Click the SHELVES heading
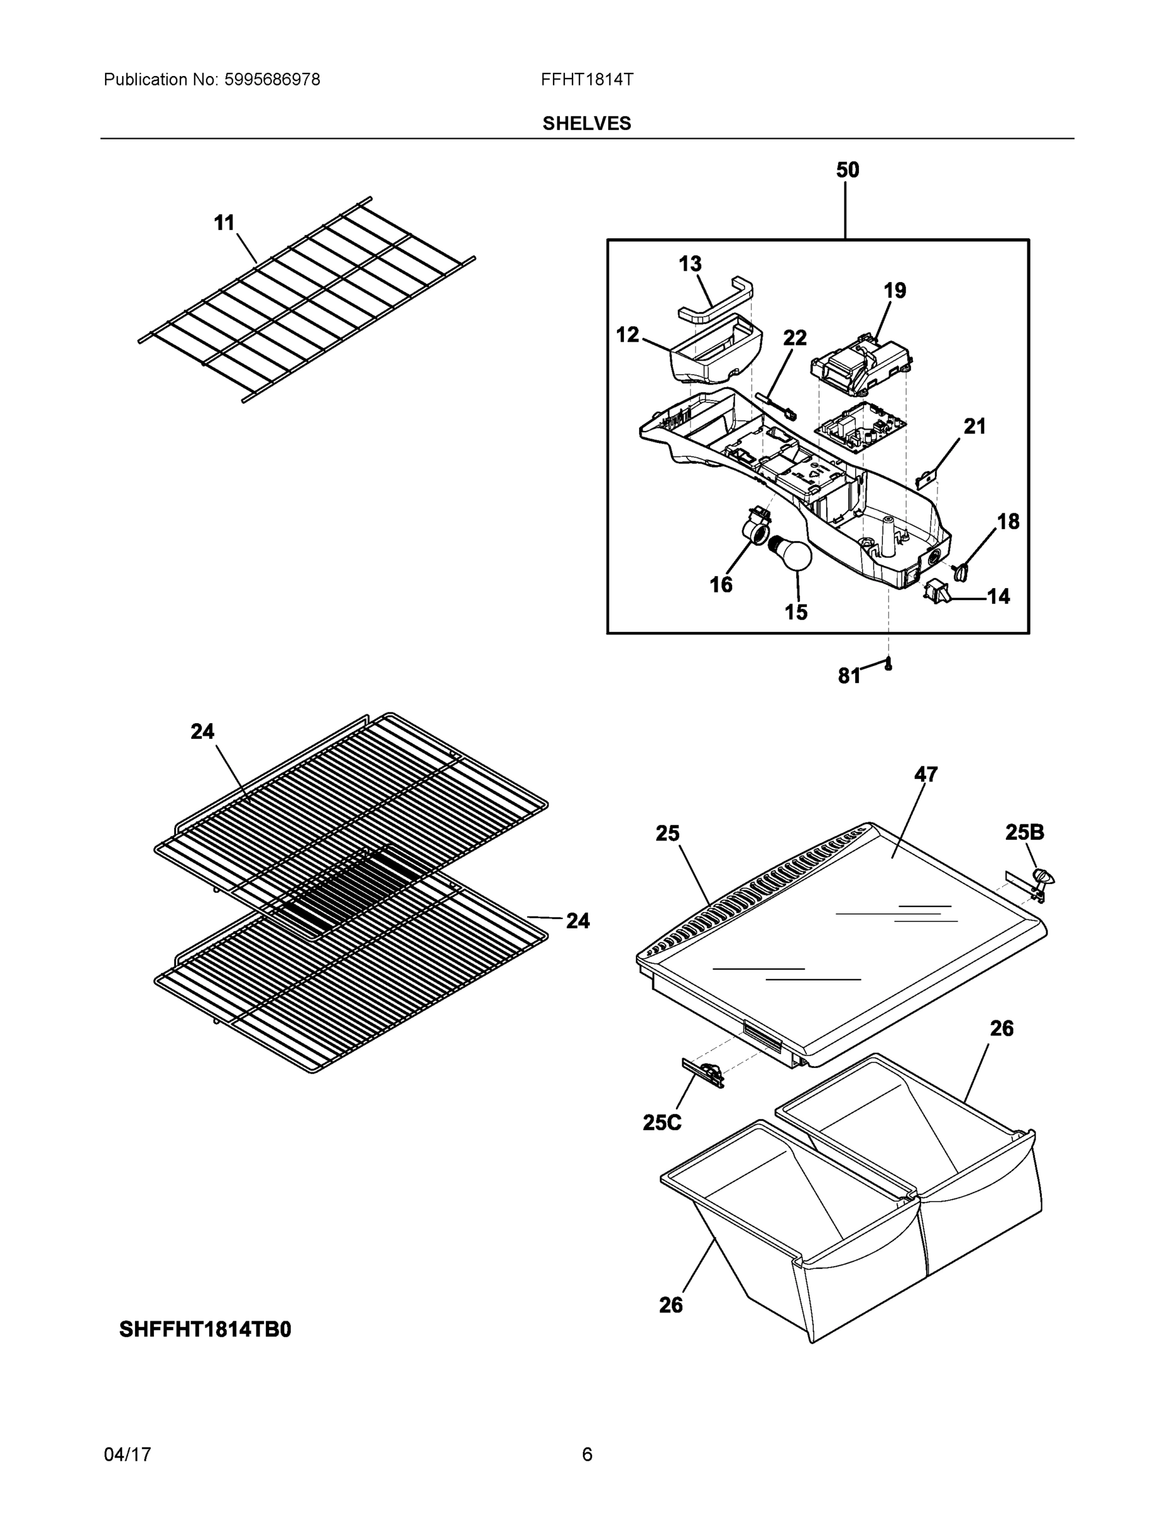pyautogui.click(x=586, y=124)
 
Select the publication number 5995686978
pyautogui.click(x=272, y=80)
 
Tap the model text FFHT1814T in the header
pyautogui.click(x=587, y=80)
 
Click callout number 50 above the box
pyautogui.click(x=847, y=170)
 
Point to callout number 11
pyautogui.click(x=224, y=223)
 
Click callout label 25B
pyautogui.click(x=1025, y=831)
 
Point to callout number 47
pyautogui.click(x=926, y=774)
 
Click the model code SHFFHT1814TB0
pyautogui.click(x=205, y=1330)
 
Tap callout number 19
pyautogui.click(x=895, y=290)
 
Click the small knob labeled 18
pyautogui.click(x=962, y=572)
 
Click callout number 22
pyautogui.click(x=795, y=338)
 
